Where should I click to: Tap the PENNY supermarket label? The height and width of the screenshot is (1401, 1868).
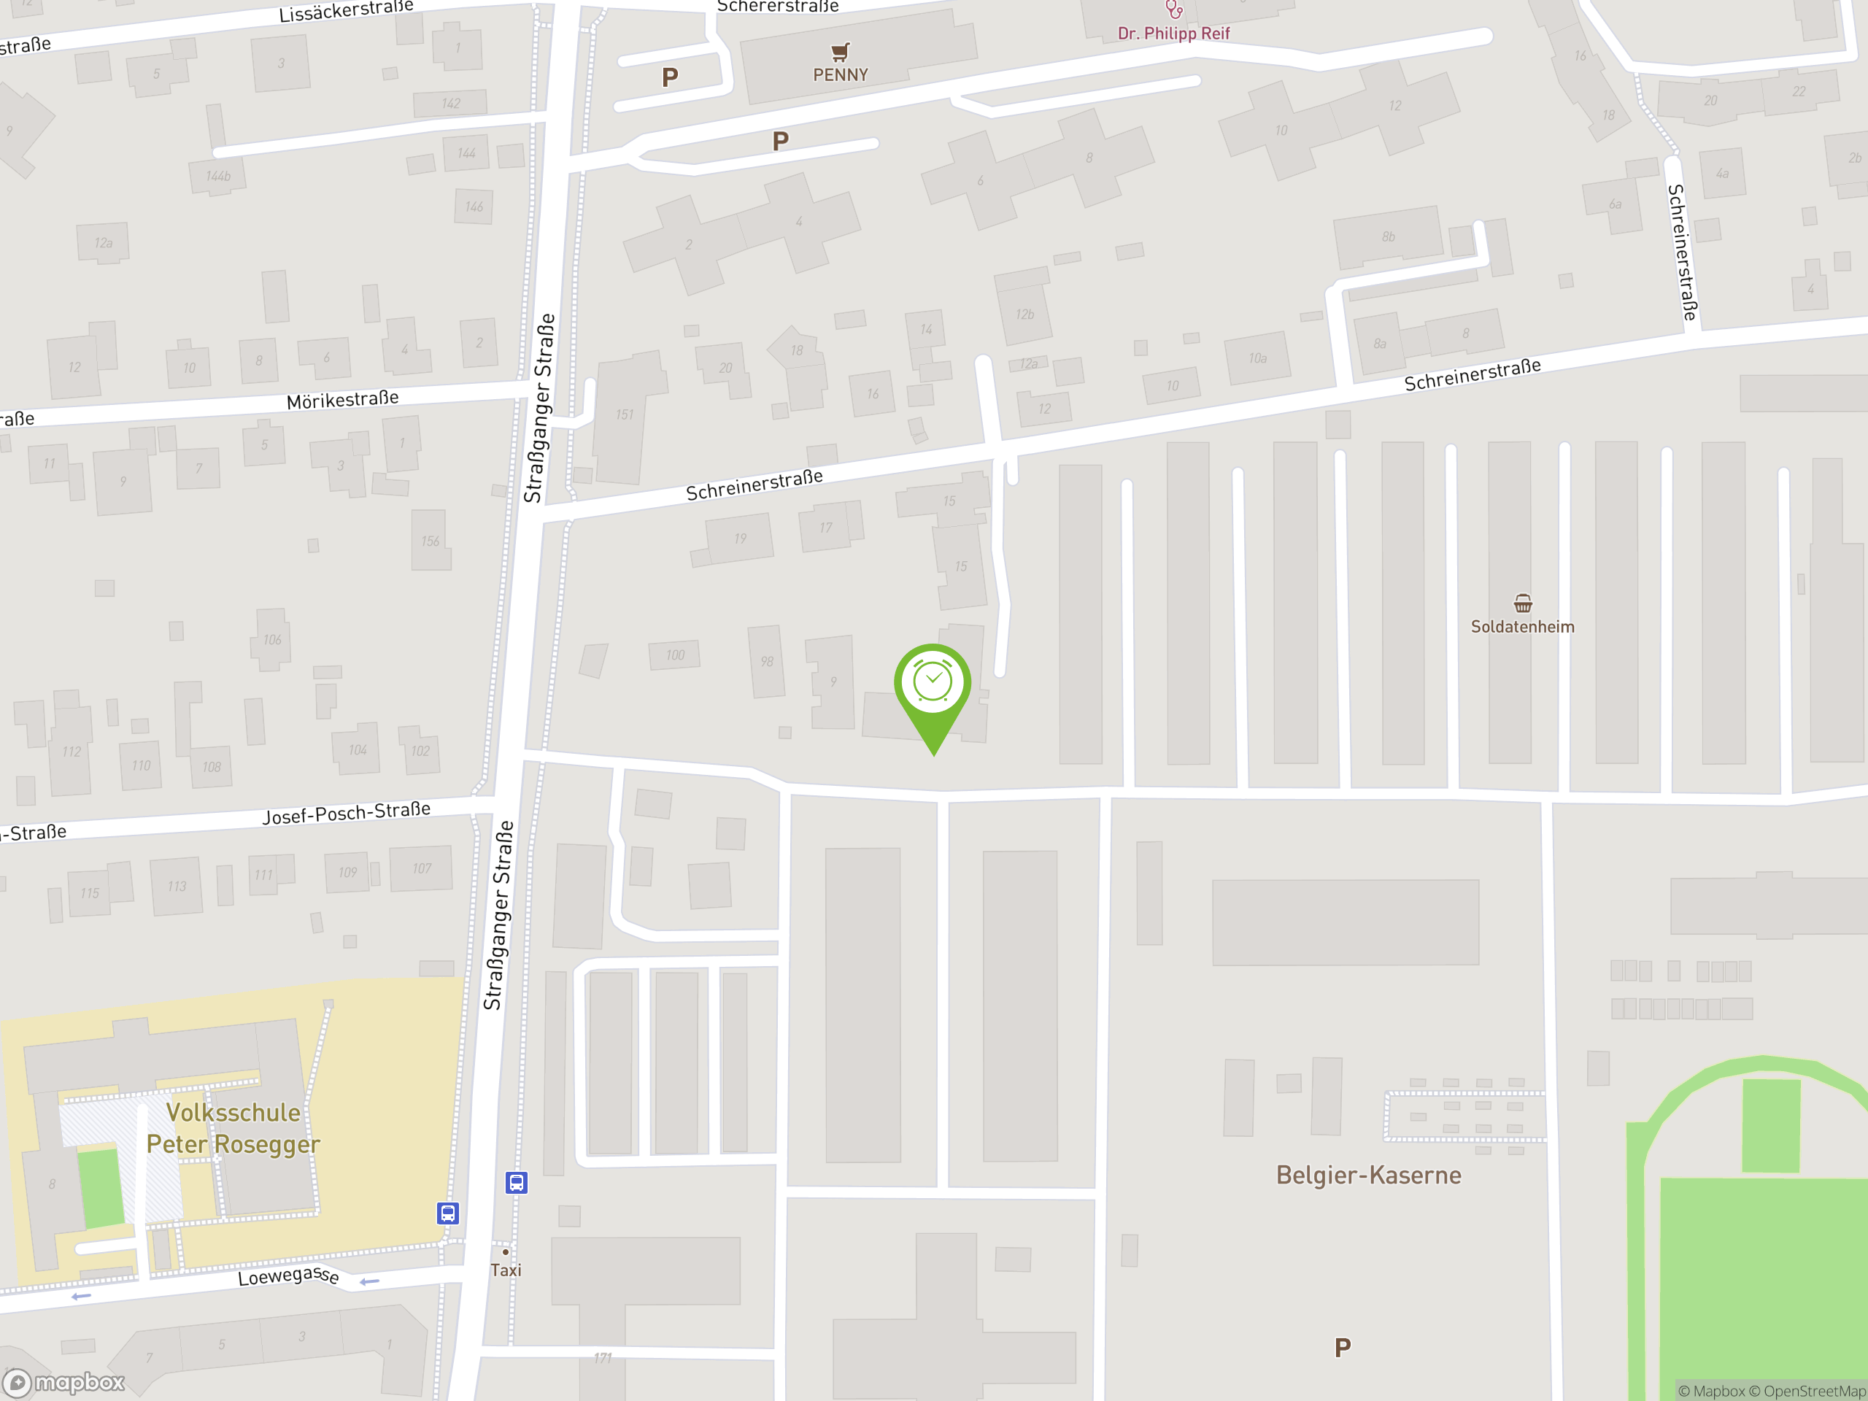point(841,75)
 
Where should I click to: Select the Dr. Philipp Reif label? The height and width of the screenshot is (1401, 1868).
point(1173,34)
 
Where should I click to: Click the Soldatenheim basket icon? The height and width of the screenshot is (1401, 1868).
point(1523,603)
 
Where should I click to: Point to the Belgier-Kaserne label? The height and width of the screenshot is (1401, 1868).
point(1368,1175)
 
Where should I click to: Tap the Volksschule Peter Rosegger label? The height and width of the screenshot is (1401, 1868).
point(233,1128)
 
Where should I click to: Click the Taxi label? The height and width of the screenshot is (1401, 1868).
point(506,1270)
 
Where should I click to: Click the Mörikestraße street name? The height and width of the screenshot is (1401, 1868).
point(342,399)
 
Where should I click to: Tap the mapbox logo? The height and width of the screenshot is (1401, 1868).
point(64,1383)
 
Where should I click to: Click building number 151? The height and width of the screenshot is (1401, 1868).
point(624,414)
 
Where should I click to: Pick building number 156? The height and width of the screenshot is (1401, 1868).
point(431,541)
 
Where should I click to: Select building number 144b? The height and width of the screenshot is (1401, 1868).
point(218,176)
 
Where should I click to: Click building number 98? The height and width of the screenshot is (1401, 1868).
point(767,661)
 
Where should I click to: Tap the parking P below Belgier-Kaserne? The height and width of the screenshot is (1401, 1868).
point(1343,1348)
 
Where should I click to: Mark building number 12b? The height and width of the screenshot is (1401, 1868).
point(1024,314)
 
